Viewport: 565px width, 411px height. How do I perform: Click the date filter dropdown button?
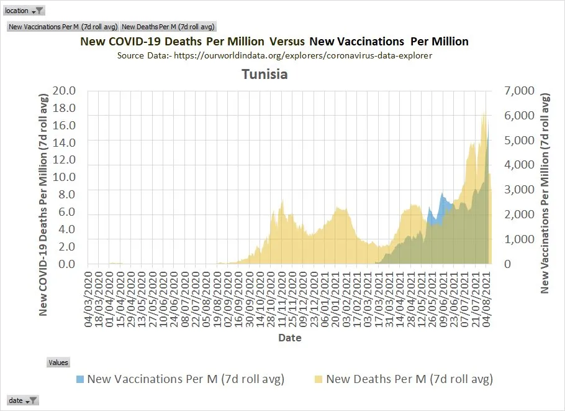(32, 400)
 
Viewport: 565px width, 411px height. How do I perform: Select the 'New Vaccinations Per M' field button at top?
(63, 27)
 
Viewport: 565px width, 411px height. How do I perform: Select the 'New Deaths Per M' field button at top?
(168, 27)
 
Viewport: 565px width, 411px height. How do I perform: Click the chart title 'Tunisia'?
(264, 75)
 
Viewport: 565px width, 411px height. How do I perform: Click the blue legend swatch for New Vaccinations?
(80, 379)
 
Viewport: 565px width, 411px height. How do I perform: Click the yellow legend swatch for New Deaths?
(319, 379)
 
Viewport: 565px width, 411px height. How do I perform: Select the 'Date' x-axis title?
(290, 338)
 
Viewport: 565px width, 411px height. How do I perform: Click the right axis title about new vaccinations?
(546, 193)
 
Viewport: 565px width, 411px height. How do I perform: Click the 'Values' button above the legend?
(58, 363)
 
